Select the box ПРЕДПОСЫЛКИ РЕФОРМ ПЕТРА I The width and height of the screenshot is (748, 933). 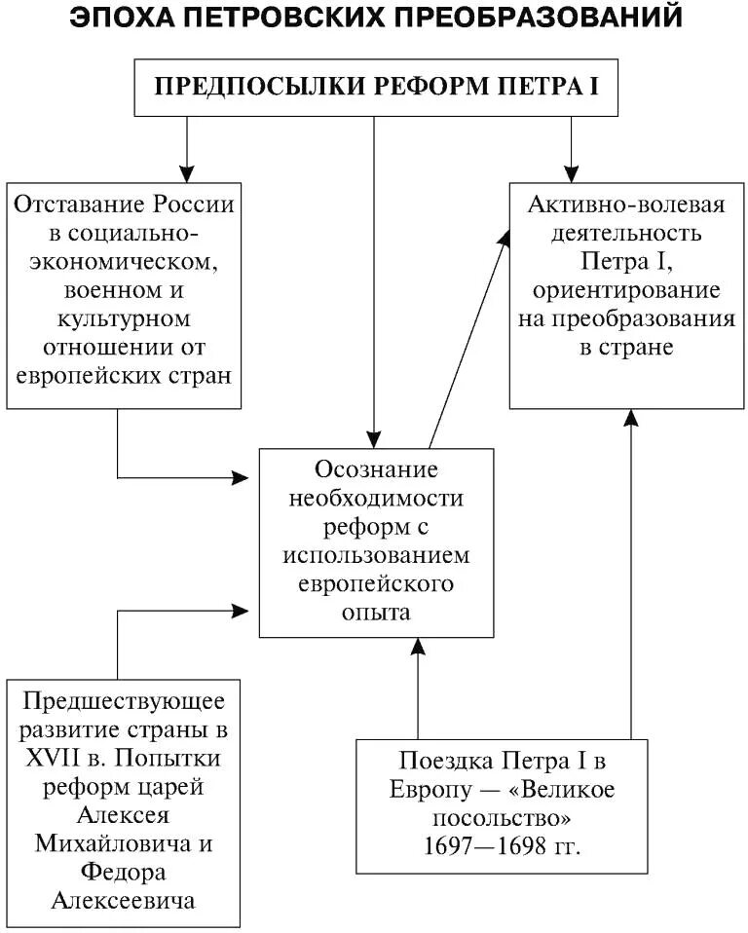(375, 86)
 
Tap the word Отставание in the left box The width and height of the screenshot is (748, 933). (81, 205)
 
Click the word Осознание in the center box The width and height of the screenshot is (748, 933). (376, 469)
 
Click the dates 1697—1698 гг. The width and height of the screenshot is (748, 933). (502, 845)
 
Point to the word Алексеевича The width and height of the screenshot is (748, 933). (123, 899)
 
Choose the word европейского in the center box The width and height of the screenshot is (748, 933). (376, 583)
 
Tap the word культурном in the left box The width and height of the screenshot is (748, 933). (123, 318)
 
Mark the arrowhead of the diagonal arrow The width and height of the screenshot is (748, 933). (507, 237)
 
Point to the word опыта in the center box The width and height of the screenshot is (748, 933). (376, 613)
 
